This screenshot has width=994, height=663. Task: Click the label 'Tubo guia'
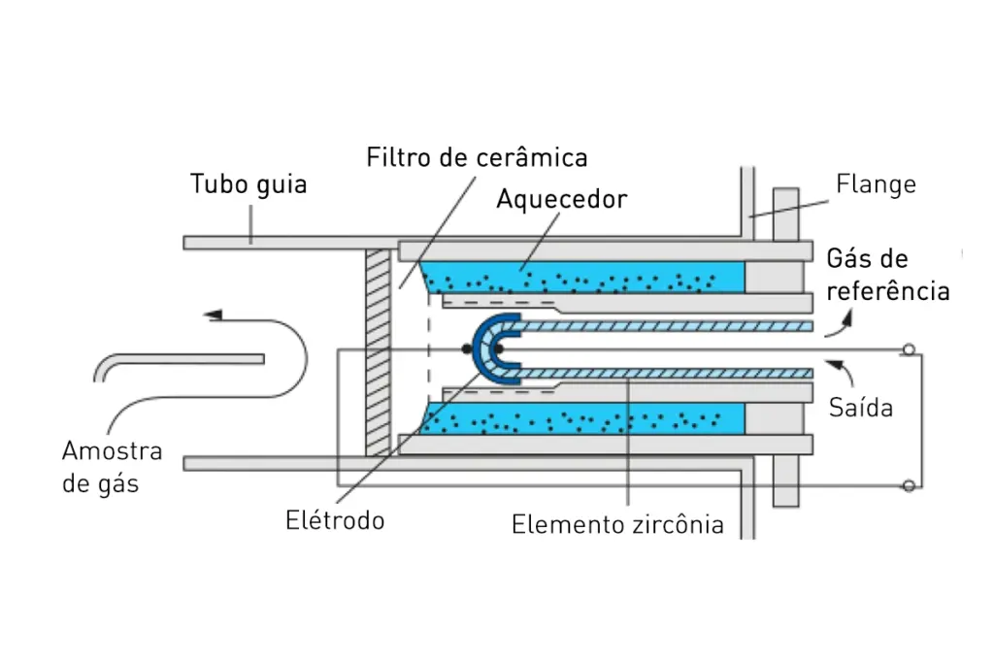click(x=248, y=183)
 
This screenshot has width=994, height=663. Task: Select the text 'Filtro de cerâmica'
click(x=477, y=157)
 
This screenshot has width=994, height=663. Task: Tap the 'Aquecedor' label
click(x=561, y=199)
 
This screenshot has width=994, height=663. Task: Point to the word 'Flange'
click(x=876, y=183)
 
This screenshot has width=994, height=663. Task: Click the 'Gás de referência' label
click(x=887, y=274)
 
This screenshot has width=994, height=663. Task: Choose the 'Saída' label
click(x=860, y=408)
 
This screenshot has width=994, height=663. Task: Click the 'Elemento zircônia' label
click(x=617, y=525)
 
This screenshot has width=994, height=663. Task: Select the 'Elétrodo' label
click(x=335, y=520)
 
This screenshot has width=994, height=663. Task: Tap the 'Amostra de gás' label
click(x=112, y=467)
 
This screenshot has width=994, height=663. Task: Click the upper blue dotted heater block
click(x=582, y=278)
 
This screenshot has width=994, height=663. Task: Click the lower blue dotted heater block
click(x=582, y=420)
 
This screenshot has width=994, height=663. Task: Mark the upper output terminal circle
click(x=909, y=349)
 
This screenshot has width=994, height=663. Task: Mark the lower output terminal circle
click(x=909, y=485)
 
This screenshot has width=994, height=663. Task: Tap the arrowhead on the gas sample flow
click(x=215, y=315)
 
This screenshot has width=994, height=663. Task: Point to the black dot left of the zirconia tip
click(x=467, y=349)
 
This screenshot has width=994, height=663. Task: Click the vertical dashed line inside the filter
click(x=428, y=349)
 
